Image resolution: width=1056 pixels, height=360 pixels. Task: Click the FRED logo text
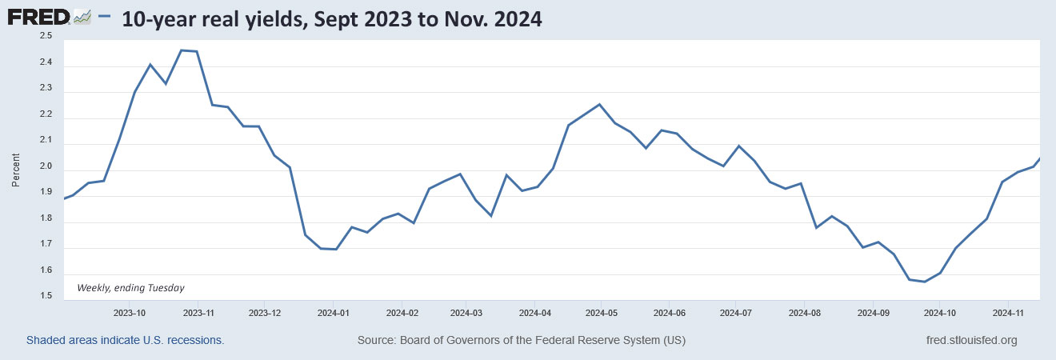pos(39,18)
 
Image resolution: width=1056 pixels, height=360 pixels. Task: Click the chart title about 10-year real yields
pos(332,19)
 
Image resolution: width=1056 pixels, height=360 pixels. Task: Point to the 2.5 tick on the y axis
pos(46,37)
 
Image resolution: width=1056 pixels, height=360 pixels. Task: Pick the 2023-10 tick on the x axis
pos(130,312)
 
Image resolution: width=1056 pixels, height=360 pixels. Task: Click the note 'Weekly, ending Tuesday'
pos(130,287)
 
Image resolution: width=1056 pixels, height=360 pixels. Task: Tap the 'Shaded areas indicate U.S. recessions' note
pos(126,340)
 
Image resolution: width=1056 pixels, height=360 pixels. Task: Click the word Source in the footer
pos(377,340)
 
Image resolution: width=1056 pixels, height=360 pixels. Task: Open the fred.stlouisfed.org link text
pos(970,340)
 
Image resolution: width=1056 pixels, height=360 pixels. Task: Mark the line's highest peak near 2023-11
pos(182,50)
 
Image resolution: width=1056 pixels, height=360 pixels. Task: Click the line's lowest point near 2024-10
pos(925,282)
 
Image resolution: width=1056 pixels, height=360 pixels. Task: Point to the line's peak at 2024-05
pos(600,104)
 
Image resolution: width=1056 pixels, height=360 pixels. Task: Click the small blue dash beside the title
pos(103,17)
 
